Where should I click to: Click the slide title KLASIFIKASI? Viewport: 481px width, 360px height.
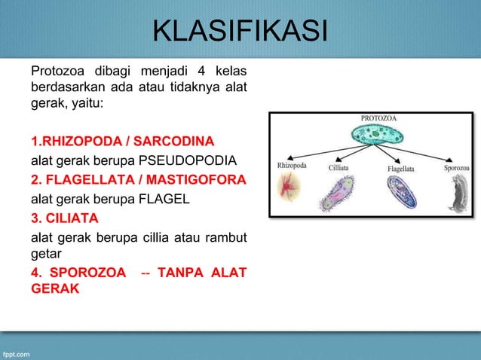[240, 32]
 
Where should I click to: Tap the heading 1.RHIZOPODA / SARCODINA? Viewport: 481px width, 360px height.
[121, 142]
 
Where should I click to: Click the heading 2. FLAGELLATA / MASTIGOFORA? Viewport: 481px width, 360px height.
[137, 181]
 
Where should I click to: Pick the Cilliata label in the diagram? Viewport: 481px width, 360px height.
[343, 169]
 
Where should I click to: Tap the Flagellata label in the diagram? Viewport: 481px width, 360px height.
[405, 169]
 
